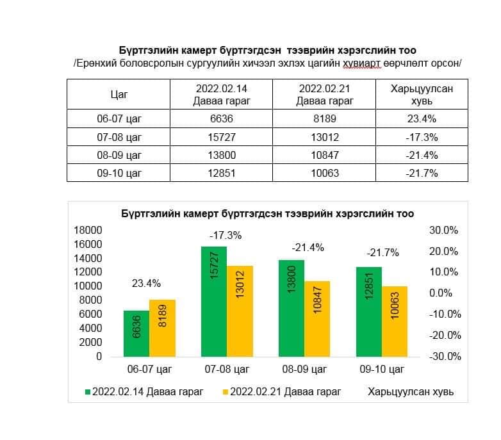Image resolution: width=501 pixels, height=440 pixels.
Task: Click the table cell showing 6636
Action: tap(221, 118)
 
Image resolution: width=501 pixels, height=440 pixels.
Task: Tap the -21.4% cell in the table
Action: tap(422, 155)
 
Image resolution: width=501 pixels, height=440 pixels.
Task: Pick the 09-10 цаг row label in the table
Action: tap(119, 173)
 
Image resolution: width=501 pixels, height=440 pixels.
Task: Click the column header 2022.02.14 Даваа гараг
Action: tap(221, 95)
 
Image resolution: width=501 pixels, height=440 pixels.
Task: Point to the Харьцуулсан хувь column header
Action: tap(422, 95)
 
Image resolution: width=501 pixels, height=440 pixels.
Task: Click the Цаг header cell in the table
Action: tap(119, 95)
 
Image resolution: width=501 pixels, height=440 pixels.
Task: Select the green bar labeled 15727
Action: tap(214, 301)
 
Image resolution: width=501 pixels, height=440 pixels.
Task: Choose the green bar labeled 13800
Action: tap(292, 308)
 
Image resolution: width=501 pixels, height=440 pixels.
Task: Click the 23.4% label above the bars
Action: tap(146, 283)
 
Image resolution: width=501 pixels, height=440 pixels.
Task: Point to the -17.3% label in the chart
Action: tap(226, 235)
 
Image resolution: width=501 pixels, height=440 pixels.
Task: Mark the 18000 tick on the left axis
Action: tap(88, 231)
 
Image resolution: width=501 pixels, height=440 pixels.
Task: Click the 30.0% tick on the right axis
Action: tap(443, 231)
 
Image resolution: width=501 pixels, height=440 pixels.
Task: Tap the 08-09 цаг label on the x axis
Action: tap(304, 370)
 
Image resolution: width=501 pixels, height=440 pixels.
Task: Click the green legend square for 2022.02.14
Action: tap(88, 391)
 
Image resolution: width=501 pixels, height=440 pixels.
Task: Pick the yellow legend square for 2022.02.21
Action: tap(225, 391)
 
